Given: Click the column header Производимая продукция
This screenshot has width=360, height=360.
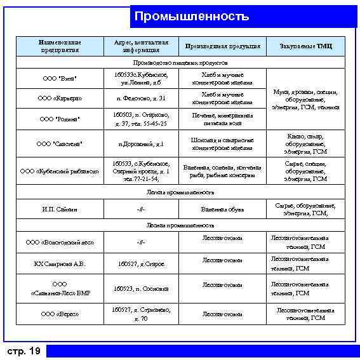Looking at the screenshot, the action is coord(222,46).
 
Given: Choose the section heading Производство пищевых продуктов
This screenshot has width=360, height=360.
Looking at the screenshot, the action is coord(181,63).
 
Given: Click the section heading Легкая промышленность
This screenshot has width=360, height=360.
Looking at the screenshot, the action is coord(181,192).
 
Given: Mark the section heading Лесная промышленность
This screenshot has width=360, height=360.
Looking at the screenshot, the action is coord(181,225).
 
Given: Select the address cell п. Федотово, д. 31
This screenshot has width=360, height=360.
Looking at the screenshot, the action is coord(141,98).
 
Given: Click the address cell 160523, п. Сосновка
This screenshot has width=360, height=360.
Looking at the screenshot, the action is coord(141,288).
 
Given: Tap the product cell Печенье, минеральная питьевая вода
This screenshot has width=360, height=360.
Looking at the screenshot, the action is coord(222,119).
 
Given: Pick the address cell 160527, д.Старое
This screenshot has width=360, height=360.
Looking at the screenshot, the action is coord(141,263).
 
